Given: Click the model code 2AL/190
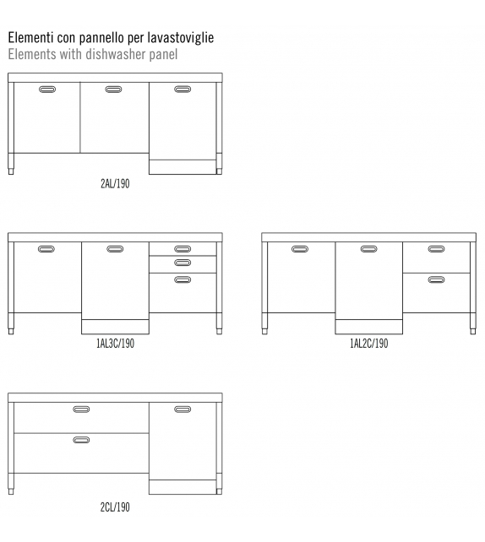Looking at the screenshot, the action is click(x=115, y=183).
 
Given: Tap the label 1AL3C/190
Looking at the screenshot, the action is click(x=115, y=344).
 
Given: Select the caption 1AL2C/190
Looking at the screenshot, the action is click(x=369, y=344).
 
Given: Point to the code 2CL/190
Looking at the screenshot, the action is click(x=115, y=507).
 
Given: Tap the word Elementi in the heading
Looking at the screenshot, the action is click(x=30, y=37).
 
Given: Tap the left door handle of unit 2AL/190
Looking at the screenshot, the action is click(x=47, y=89).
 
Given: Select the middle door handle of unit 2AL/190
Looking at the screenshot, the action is click(x=113, y=89).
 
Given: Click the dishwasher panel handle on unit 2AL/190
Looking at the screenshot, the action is click(x=183, y=89).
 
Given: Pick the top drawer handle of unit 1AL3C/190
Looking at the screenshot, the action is click(x=183, y=249).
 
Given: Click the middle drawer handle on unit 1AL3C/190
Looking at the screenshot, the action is click(x=183, y=263).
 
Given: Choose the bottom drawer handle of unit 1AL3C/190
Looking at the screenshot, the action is click(x=183, y=279).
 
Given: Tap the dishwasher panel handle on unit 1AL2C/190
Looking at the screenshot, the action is click(x=368, y=249).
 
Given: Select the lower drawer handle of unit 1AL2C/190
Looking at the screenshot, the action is click(x=436, y=279).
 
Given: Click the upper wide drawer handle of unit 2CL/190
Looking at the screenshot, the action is click(x=81, y=409).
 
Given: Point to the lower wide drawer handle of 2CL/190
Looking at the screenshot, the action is click(x=81, y=440).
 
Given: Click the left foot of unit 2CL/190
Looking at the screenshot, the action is click(x=11, y=491).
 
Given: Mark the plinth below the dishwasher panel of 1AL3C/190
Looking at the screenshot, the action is click(x=115, y=327).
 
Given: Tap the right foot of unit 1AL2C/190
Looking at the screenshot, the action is click(x=473, y=331).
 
